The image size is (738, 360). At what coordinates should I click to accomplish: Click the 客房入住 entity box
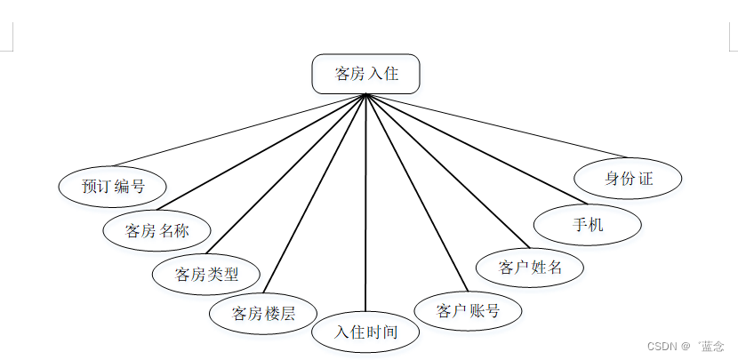(x=365, y=74)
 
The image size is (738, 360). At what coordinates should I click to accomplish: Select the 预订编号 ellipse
(x=112, y=187)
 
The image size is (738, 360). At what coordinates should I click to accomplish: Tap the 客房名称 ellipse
(x=156, y=231)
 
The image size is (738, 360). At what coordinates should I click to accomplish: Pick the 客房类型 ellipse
(x=206, y=274)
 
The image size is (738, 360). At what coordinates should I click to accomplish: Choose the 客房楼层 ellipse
(x=262, y=313)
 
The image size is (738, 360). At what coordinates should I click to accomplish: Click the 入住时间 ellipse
(x=365, y=332)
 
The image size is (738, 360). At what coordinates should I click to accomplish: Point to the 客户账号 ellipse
(x=468, y=310)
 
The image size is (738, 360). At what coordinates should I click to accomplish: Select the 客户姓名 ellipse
(x=530, y=267)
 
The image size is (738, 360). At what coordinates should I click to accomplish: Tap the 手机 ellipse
(x=588, y=225)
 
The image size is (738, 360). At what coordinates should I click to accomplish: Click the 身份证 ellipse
(x=629, y=179)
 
